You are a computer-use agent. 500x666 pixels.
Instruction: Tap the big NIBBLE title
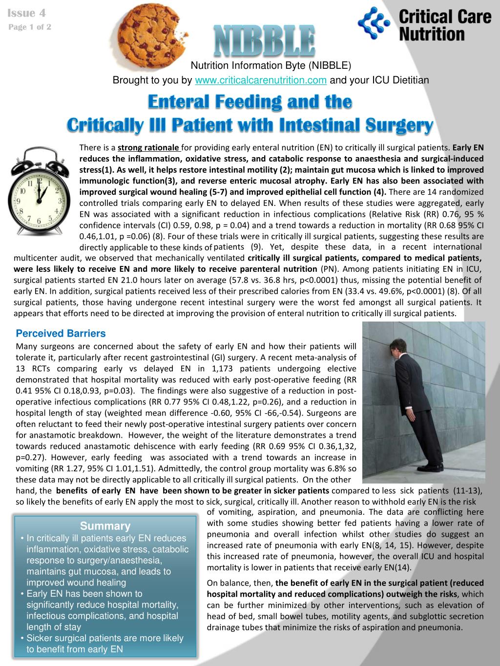[264, 41]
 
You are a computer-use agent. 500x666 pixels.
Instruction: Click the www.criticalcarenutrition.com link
[260, 81]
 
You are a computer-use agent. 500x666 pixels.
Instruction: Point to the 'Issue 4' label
[27, 13]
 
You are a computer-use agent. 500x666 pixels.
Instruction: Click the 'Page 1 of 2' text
[30, 27]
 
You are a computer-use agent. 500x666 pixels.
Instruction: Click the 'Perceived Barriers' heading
[61, 334]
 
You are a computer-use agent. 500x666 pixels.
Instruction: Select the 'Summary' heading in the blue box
[105, 526]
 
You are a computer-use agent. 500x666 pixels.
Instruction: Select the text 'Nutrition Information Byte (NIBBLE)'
[271, 66]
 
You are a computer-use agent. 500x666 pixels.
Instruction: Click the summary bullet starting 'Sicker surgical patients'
[105, 644]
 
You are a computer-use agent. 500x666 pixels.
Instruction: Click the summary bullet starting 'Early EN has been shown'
[103, 610]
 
